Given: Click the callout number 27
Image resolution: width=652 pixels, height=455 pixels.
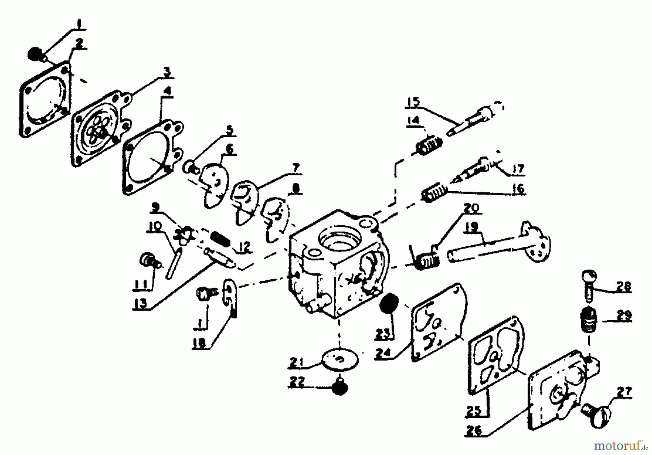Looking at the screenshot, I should [x=625, y=392].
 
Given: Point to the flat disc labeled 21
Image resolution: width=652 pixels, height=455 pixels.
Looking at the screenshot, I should [x=340, y=359].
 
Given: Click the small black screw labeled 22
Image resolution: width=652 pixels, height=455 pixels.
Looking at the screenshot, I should [x=340, y=388].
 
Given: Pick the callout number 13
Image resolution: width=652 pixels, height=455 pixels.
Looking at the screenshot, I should [x=141, y=303].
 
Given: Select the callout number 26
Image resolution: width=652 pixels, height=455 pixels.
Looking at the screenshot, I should [x=475, y=430].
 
